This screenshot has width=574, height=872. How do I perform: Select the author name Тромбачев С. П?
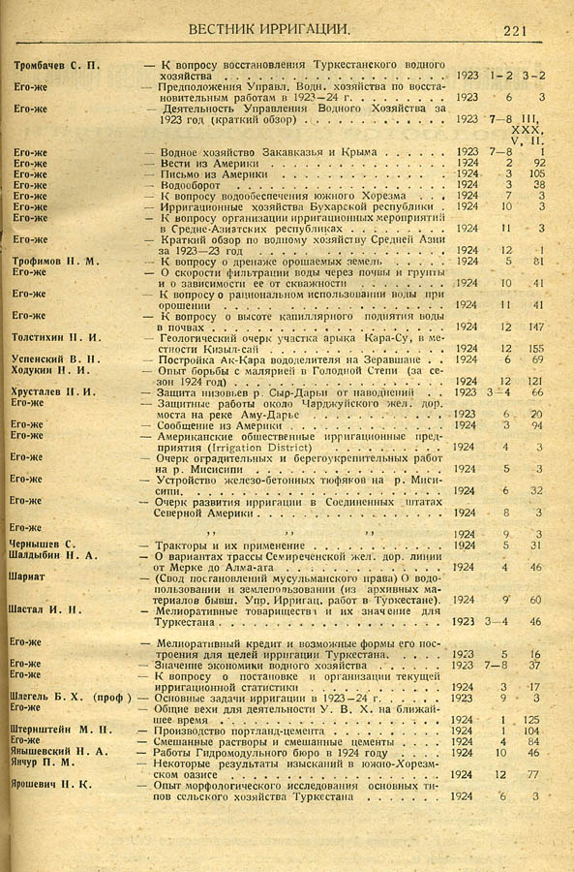pos(55,65)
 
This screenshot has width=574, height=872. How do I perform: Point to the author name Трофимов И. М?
pos(53,261)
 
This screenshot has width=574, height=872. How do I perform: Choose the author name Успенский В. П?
pos(52,358)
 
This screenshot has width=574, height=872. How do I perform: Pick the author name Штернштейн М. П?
pos(57,731)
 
